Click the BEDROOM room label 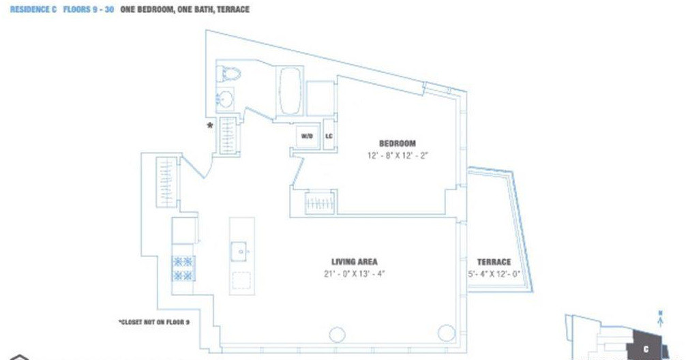[397, 144]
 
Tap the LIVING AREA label [354, 262]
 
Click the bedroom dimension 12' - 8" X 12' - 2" [397, 155]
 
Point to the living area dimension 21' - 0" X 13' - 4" [354, 274]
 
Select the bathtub [289, 91]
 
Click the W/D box [307, 136]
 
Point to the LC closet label [329, 136]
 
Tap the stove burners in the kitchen [183, 268]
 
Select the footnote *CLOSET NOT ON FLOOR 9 [153, 322]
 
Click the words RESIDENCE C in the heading [33, 10]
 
